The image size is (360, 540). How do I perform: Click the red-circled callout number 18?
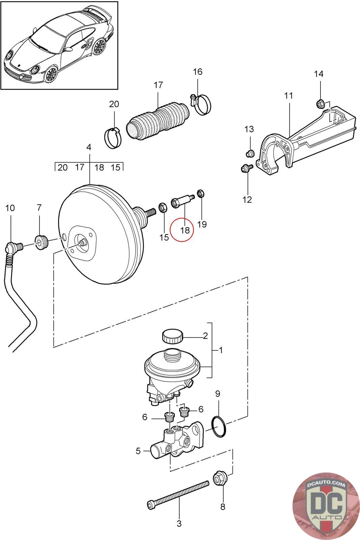point(185,230)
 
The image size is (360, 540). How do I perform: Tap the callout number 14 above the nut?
point(319,74)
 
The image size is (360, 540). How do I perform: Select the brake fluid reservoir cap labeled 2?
point(172,336)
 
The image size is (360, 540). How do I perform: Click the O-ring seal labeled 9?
point(219,427)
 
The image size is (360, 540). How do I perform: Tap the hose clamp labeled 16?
point(201,104)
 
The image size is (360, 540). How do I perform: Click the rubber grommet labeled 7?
point(41,242)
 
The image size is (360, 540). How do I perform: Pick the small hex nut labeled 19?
point(201,193)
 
